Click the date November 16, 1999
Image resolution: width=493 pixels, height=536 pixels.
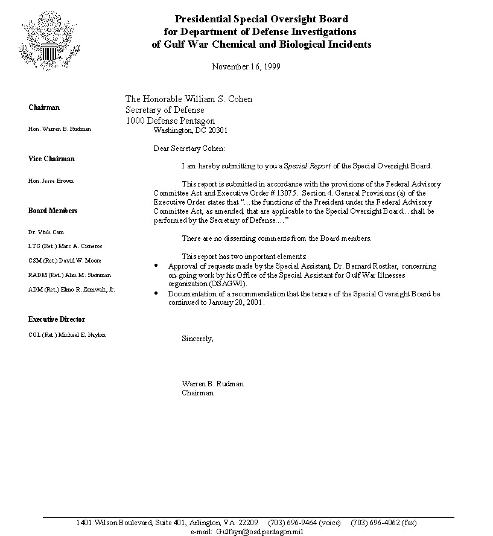click(246, 66)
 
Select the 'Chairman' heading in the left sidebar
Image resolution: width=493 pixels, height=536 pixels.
click(44, 107)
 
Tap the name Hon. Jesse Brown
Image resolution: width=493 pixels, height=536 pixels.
click(51, 181)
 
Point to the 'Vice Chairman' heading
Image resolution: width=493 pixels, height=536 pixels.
click(51, 159)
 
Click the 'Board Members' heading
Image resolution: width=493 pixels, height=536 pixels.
click(52, 211)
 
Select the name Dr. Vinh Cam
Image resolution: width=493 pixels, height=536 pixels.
click(46, 232)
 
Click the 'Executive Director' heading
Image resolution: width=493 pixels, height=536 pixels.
click(57, 319)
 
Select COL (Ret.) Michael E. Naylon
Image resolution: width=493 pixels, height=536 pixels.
click(66, 335)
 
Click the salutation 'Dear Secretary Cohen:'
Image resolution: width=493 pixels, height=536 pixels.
click(189, 148)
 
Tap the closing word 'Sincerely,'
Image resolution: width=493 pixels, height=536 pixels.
click(197, 339)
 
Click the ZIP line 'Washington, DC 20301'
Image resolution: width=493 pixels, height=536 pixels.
click(191, 130)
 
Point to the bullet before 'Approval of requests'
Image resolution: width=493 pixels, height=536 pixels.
click(157, 266)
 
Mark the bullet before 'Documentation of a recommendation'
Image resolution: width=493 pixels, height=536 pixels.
click(157, 293)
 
